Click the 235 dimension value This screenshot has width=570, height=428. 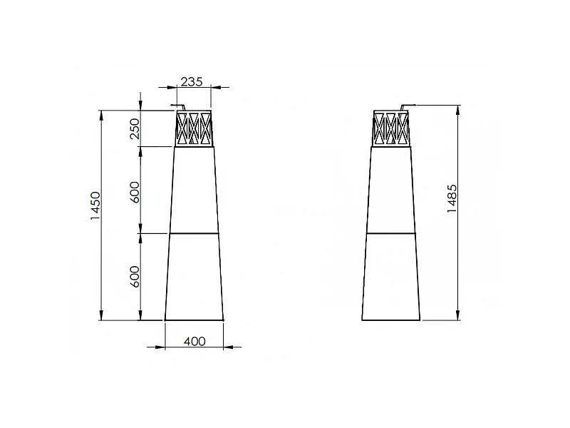tap(191, 81)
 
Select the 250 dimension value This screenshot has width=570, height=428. tap(135, 129)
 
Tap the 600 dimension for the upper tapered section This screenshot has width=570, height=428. tap(135, 190)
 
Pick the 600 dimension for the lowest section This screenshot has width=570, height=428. tap(135, 276)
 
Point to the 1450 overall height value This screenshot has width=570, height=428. tap(95, 207)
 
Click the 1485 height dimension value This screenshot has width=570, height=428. tap(451, 200)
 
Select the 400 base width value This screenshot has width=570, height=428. tap(195, 342)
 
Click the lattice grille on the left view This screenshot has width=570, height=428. tap(195, 129)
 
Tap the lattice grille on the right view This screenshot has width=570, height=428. tap(390, 129)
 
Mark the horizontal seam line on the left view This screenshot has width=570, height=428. tap(195, 233)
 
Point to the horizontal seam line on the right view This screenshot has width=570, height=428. tap(390, 233)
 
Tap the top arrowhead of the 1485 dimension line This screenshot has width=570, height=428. tap(457, 108)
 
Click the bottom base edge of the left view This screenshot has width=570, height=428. tap(195, 320)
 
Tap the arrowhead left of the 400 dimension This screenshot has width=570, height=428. tap(161, 348)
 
